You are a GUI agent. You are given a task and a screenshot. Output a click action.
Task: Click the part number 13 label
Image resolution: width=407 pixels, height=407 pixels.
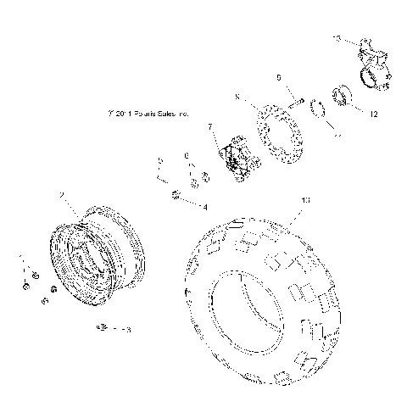click(338, 39)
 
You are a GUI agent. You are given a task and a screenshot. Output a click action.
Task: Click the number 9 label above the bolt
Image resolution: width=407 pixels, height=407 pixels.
click(278, 77)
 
